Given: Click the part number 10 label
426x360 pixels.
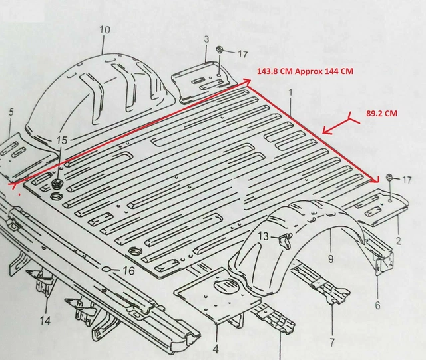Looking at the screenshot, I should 105,30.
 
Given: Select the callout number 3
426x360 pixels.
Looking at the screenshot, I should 206,40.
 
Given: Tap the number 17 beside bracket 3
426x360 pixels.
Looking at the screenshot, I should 242,53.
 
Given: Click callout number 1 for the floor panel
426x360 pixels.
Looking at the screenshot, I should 291,98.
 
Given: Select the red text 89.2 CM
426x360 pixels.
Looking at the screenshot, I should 381,114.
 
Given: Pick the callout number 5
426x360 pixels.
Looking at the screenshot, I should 11,112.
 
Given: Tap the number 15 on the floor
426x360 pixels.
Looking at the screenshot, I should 62,140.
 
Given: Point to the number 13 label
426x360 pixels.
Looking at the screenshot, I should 264,236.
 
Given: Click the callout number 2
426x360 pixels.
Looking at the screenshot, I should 397,240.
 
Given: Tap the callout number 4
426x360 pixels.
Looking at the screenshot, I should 216,348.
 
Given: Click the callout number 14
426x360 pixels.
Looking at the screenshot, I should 45,321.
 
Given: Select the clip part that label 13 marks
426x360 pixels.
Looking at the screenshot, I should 284,238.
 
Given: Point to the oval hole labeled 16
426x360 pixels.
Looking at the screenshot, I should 106,270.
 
